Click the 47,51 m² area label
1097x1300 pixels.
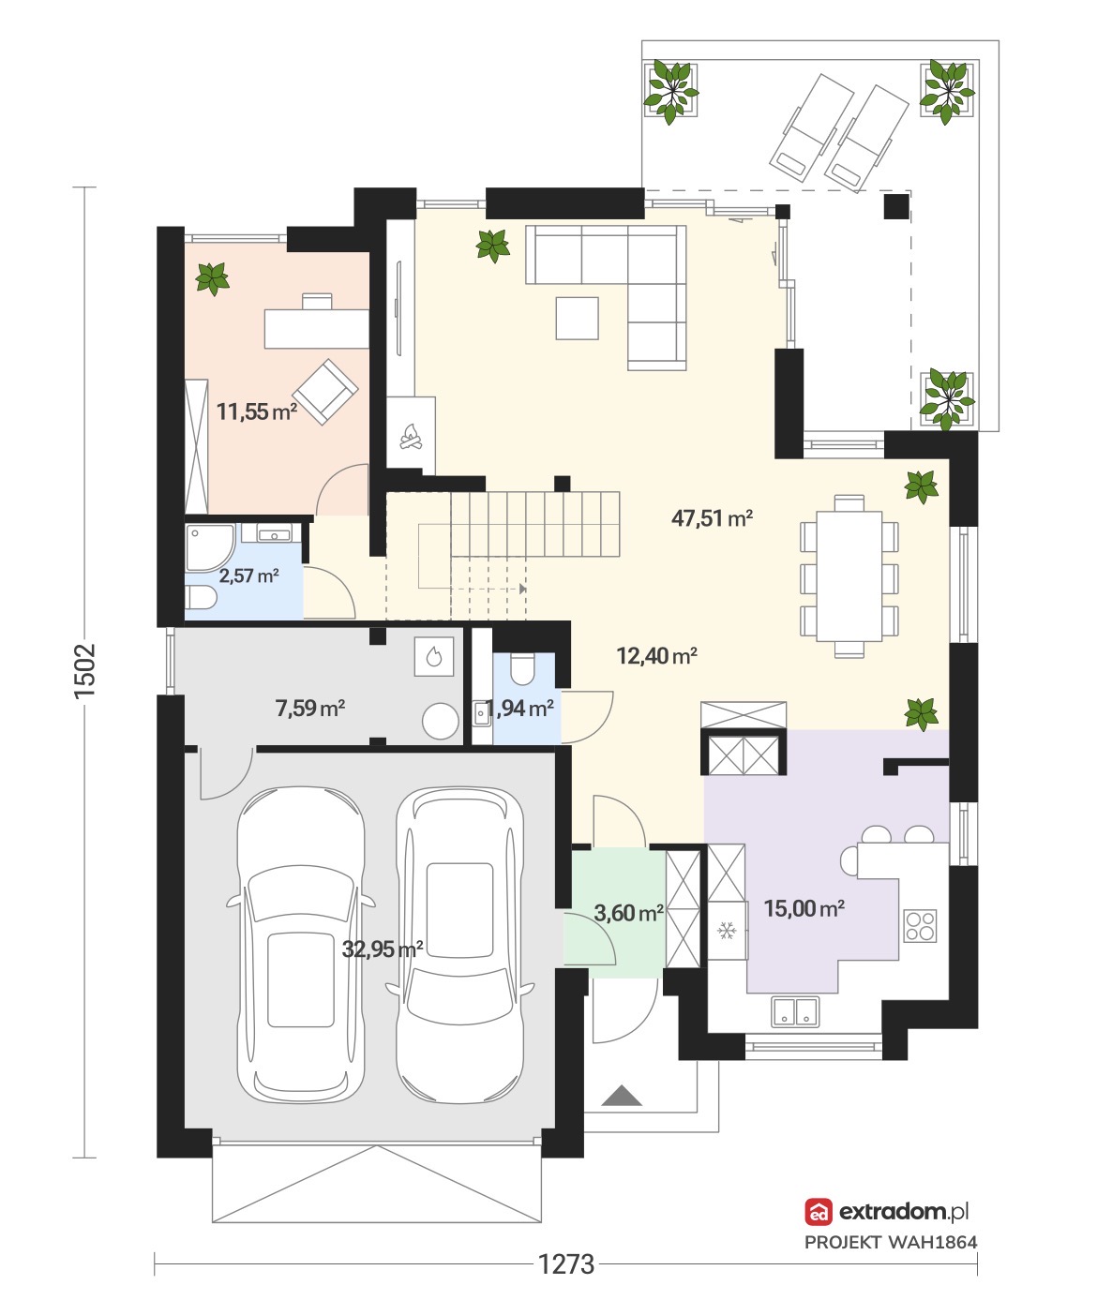pos(712,518)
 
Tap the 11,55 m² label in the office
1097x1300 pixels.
pos(257,411)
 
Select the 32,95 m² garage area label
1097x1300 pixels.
pos(383,949)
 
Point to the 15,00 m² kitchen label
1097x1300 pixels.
pos(804,908)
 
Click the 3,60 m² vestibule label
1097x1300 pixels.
pos(628,913)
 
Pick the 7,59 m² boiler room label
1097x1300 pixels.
pos(310,708)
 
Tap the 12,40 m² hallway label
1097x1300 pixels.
pos(656,655)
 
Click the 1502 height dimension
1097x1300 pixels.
pos(85,671)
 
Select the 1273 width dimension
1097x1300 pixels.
pos(565,1264)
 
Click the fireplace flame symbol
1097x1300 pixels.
pos(411,436)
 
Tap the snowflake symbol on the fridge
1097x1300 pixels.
pos(727,931)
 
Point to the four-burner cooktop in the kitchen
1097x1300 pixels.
pos(920,926)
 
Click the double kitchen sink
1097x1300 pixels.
pos(795,1011)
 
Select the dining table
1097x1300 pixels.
pos(849,575)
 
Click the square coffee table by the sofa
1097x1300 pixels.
pos(577,318)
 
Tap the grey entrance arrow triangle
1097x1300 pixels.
pos(621,1096)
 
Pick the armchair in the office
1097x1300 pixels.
pos(325,392)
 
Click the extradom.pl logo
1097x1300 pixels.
pos(887,1211)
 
